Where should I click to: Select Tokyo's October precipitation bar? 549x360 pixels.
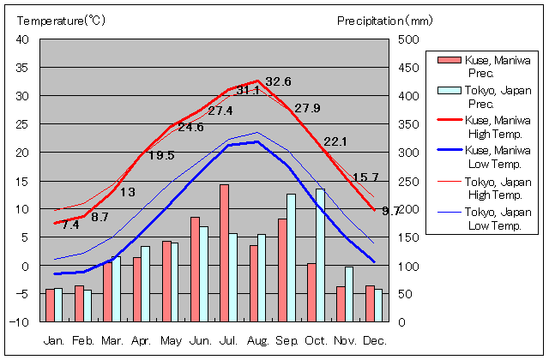point(320,255)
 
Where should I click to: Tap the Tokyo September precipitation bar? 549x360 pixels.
point(291,258)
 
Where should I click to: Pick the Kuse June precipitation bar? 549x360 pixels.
point(195,269)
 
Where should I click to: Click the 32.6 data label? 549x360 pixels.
point(278,81)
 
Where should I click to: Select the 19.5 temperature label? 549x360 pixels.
point(161,155)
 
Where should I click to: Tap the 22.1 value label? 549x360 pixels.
point(335,141)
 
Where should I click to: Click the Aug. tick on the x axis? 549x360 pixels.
point(258,340)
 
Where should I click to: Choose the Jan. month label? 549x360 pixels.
point(54,340)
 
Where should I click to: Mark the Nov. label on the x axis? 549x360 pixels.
point(346,340)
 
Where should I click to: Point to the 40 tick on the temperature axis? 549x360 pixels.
point(23,39)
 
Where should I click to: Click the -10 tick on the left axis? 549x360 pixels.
point(20,322)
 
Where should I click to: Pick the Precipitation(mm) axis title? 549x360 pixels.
point(386,20)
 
